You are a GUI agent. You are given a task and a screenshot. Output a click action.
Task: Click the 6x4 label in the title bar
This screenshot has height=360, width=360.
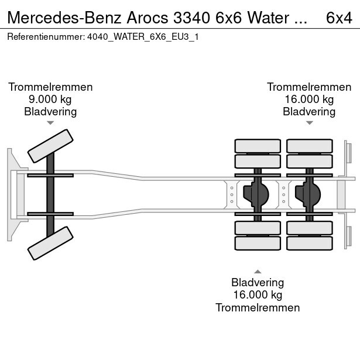point(338,18)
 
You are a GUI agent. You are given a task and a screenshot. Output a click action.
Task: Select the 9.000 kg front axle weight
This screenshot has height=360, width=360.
point(50,100)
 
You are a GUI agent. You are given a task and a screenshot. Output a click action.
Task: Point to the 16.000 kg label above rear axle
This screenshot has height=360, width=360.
point(309,100)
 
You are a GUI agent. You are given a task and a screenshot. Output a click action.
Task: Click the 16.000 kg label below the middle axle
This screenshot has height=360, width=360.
point(258,295)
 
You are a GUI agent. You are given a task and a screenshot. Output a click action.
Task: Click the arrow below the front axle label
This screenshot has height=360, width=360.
point(50,123)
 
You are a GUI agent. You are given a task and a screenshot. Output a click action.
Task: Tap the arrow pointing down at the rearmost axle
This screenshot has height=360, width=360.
point(309,123)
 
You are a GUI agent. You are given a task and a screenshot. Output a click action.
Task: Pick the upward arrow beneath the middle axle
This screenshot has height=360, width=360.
point(258,271)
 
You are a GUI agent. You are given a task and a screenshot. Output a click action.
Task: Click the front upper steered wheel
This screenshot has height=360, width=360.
point(52,146)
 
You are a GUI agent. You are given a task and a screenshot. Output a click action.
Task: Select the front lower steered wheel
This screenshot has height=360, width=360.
point(52,243)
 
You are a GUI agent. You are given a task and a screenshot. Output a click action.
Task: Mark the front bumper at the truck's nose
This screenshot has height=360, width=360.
point(11,194)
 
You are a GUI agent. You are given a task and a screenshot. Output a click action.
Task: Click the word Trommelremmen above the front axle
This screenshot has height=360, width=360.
point(50,87)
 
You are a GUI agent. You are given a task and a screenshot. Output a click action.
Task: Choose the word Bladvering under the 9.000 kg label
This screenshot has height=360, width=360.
point(50,112)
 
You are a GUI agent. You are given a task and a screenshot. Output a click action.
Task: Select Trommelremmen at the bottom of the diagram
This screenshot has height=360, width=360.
point(258,308)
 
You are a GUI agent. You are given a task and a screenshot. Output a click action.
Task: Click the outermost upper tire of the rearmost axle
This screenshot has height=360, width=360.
point(309,145)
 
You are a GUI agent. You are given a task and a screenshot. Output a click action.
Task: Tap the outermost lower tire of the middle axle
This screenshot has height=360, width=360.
point(258,243)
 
